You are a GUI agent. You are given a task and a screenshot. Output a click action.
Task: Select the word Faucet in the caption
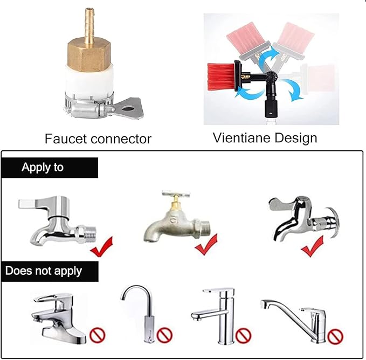click(x=65, y=139)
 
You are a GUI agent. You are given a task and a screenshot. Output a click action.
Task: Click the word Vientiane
click(x=242, y=137)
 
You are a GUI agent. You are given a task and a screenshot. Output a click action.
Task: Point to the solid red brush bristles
click(x=220, y=76)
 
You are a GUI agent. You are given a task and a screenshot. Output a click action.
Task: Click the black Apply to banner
click(x=50, y=168)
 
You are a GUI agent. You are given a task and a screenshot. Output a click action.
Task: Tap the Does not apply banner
click(x=50, y=271)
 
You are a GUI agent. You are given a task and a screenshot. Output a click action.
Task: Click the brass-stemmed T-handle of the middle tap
click(x=176, y=198)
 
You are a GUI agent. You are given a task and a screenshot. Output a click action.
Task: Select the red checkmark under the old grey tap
click(x=206, y=245)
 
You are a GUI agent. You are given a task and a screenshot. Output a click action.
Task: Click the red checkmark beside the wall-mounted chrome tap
click(x=312, y=246)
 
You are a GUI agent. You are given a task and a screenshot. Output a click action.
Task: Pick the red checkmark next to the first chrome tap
click(x=101, y=247)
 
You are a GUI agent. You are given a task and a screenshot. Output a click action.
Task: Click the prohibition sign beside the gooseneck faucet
click(x=164, y=335)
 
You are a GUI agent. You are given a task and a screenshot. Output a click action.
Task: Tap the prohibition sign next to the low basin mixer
click(x=98, y=335)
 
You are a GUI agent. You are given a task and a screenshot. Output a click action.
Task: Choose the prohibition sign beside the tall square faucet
click(x=243, y=336)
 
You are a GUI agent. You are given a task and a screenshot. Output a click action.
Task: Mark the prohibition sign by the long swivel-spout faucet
click(x=335, y=336)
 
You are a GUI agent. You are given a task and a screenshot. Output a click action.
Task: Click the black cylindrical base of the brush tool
click(x=271, y=108)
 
